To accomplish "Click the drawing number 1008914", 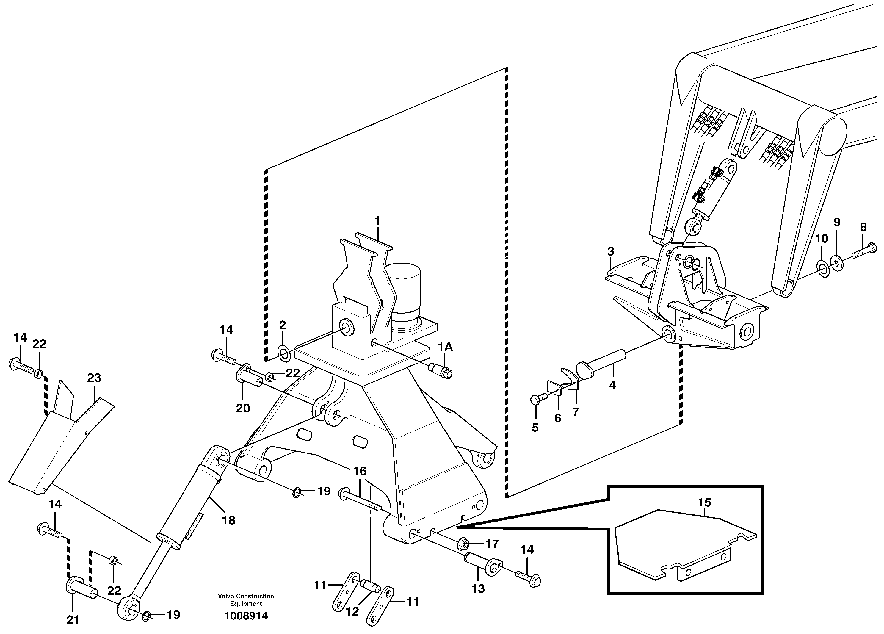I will pos(246,616).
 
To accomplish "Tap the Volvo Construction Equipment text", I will pos(246,600).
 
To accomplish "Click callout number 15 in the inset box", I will pos(705,502).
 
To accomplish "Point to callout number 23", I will pos(94,378).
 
